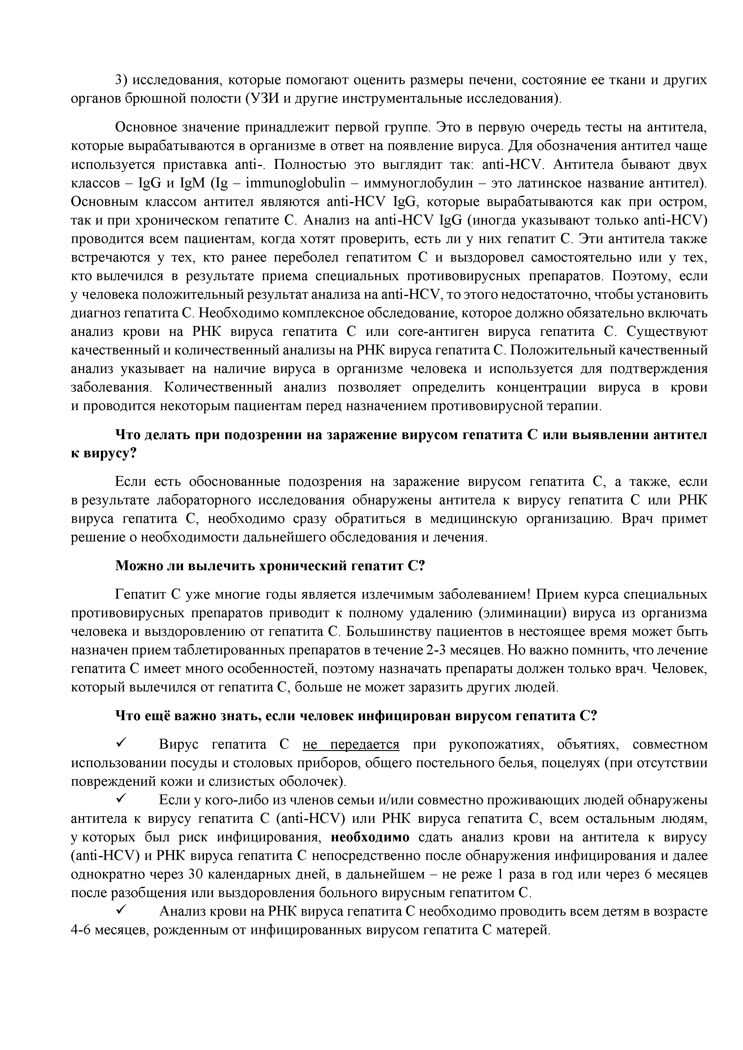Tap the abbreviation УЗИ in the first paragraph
pyautogui.click(x=260, y=99)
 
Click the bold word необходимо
pyautogui.click(x=370, y=837)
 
